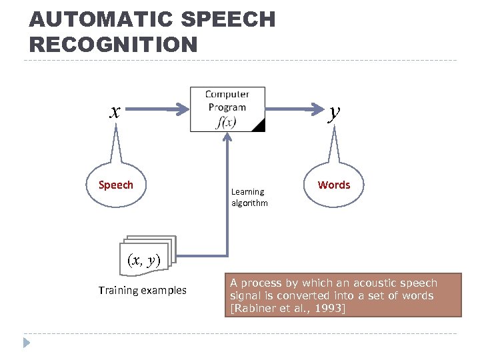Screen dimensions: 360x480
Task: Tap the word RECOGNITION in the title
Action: click(x=114, y=45)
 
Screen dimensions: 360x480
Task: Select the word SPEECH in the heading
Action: click(x=227, y=20)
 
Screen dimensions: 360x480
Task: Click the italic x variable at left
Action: click(x=115, y=111)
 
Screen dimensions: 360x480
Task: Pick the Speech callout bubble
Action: click(x=116, y=185)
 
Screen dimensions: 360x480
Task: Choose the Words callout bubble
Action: click(x=334, y=185)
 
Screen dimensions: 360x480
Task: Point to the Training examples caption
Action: click(x=142, y=290)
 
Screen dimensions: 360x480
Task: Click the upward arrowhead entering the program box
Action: click(x=228, y=138)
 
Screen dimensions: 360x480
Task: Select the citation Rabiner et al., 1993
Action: click(x=287, y=308)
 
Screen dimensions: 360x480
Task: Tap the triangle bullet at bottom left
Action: click(x=26, y=344)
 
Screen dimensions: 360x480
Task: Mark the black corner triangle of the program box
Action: click(x=259, y=125)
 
